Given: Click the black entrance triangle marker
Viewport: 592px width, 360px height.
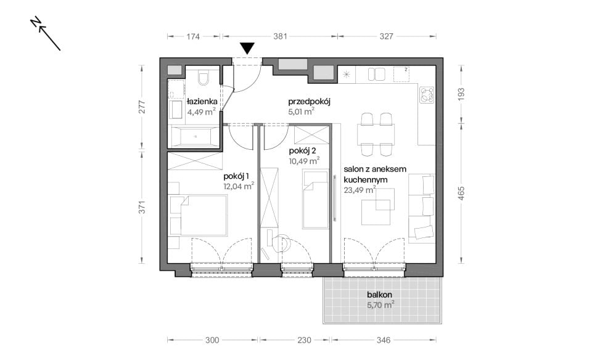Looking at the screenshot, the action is (247, 48).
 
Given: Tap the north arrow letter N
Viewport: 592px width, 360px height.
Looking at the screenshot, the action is (36, 22).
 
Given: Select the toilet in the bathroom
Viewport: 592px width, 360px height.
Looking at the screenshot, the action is (203, 78).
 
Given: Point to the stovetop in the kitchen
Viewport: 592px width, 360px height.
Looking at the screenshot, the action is (427, 95).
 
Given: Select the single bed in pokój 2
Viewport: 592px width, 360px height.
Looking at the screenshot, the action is (316, 199).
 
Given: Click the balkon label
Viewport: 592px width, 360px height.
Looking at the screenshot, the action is (380, 295).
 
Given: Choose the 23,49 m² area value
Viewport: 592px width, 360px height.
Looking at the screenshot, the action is (360, 190).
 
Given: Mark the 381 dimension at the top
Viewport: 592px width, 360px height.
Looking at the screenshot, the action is (280, 36).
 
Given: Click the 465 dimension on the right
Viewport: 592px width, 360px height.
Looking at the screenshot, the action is (461, 193).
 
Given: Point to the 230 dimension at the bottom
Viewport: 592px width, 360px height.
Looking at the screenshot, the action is (304, 340).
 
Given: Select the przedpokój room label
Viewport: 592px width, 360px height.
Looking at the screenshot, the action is (309, 102).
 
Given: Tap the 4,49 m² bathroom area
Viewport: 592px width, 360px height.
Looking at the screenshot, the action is (202, 112).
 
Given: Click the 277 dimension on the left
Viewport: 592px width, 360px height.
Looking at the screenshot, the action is (142, 107).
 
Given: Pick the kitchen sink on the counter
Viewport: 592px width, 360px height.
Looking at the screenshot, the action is (376, 75).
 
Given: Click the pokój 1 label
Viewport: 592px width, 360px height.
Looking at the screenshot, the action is (236, 176).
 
